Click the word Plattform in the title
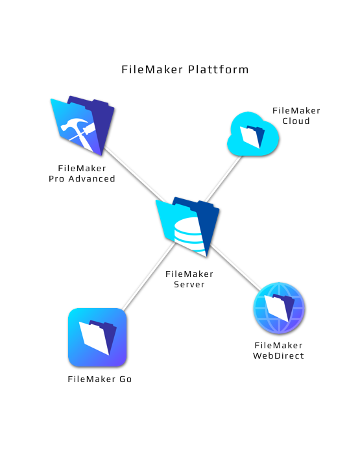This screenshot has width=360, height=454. pyautogui.click(x=218, y=69)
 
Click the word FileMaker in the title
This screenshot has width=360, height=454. pyautogui.click(x=152, y=69)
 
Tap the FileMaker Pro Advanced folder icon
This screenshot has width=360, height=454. pyautogui.click(x=82, y=126)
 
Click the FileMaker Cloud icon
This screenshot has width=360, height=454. pyautogui.click(x=253, y=134)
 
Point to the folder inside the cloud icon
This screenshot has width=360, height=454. pyautogui.click(x=252, y=137)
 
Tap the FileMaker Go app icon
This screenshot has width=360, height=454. pyautogui.click(x=97, y=337)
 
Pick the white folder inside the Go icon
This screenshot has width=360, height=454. pyautogui.click(x=97, y=338)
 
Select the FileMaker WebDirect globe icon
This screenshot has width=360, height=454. pyautogui.click(x=279, y=308)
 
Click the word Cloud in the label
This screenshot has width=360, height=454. pyautogui.click(x=296, y=121)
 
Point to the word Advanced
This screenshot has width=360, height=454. pyautogui.click(x=92, y=178)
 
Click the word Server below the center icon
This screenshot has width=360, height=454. pyautogui.click(x=189, y=284)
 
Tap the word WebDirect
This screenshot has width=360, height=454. pyautogui.click(x=278, y=355)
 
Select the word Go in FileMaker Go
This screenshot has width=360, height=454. pyautogui.click(x=126, y=379)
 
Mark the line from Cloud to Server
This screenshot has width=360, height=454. pyautogui.click(x=223, y=178)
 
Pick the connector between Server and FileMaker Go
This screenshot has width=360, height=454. pyautogui.click(x=149, y=276)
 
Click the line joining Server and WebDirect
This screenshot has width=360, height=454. pyautogui.click(x=235, y=267)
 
